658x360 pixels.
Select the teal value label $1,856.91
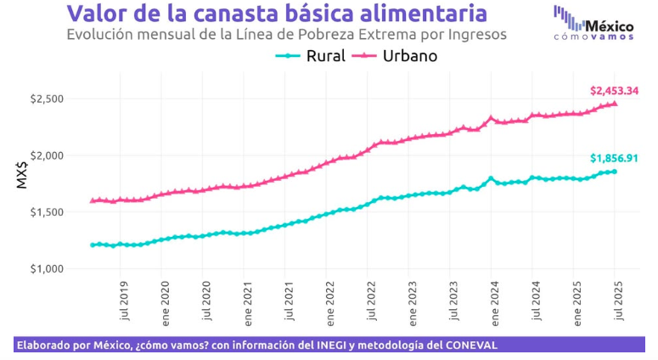point(614,158)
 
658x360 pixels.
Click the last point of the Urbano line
point(615,104)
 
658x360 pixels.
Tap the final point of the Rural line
point(615,172)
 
